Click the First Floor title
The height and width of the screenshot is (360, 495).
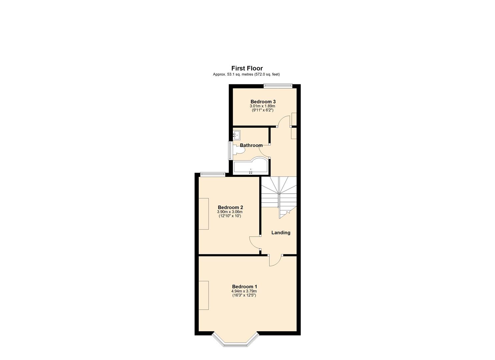(x=247, y=68)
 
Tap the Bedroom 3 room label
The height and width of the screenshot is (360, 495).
(x=263, y=102)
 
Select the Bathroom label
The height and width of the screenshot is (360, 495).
(x=251, y=145)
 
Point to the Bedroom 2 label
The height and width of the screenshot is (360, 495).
(x=230, y=207)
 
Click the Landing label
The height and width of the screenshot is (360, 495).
(x=281, y=233)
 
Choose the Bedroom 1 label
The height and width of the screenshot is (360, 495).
(x=245, y=287)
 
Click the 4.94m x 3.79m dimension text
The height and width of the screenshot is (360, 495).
(x=244, y=291)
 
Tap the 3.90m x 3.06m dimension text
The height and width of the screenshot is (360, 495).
(x=230, y=212)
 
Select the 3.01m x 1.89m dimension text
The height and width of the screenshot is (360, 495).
(x=263, y=106)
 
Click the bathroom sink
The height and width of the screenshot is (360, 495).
(x=237, y=135)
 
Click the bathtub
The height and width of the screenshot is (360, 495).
(x=251, y=166)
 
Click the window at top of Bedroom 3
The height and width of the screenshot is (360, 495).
(x=278, y=86)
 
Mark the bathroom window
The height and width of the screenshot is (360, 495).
(x=230, y=150)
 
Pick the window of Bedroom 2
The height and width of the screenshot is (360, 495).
(x=212, y=173)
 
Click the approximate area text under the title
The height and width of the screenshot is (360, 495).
(x=246, y=74)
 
